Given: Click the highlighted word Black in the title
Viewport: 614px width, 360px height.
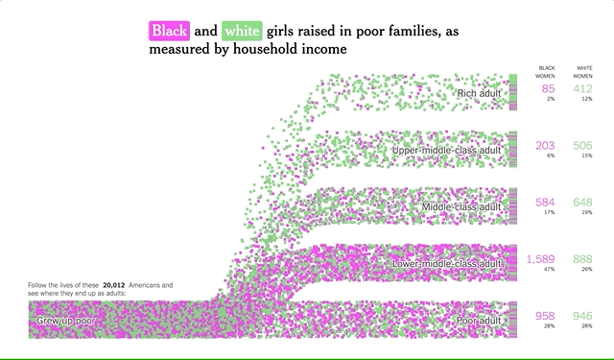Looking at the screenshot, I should [x=170, y=30].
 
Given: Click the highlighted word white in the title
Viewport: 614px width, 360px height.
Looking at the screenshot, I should [x=240, y=30].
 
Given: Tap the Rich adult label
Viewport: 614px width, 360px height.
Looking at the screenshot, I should [x=480, y=93].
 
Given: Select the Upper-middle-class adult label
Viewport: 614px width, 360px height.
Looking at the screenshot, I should [x=447, y=151].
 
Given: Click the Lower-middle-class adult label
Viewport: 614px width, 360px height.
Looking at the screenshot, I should [x=448, y=263].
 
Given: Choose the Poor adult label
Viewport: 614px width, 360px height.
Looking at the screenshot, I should [x=478, y=319].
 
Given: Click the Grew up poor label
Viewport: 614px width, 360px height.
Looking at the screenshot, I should [x=66, y=319].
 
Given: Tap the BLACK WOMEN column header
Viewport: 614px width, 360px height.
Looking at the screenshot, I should [x=546, y=71].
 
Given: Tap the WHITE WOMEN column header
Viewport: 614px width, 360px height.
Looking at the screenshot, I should [x=583, y=71].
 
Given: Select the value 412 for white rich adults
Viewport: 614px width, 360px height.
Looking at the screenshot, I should [x=582, y=89].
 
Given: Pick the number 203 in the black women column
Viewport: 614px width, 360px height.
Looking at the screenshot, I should [x=545, y=146].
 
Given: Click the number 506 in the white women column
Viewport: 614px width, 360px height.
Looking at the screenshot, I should [x=582, y=146].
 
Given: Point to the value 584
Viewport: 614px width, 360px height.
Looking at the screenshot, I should [x=545, y=203].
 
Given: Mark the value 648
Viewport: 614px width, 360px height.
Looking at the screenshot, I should [x=582, y=203].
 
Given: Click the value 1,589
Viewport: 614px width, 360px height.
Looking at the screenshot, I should [x=540, y=259].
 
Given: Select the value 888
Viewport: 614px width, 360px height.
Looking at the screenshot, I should [x=582, y=259].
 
